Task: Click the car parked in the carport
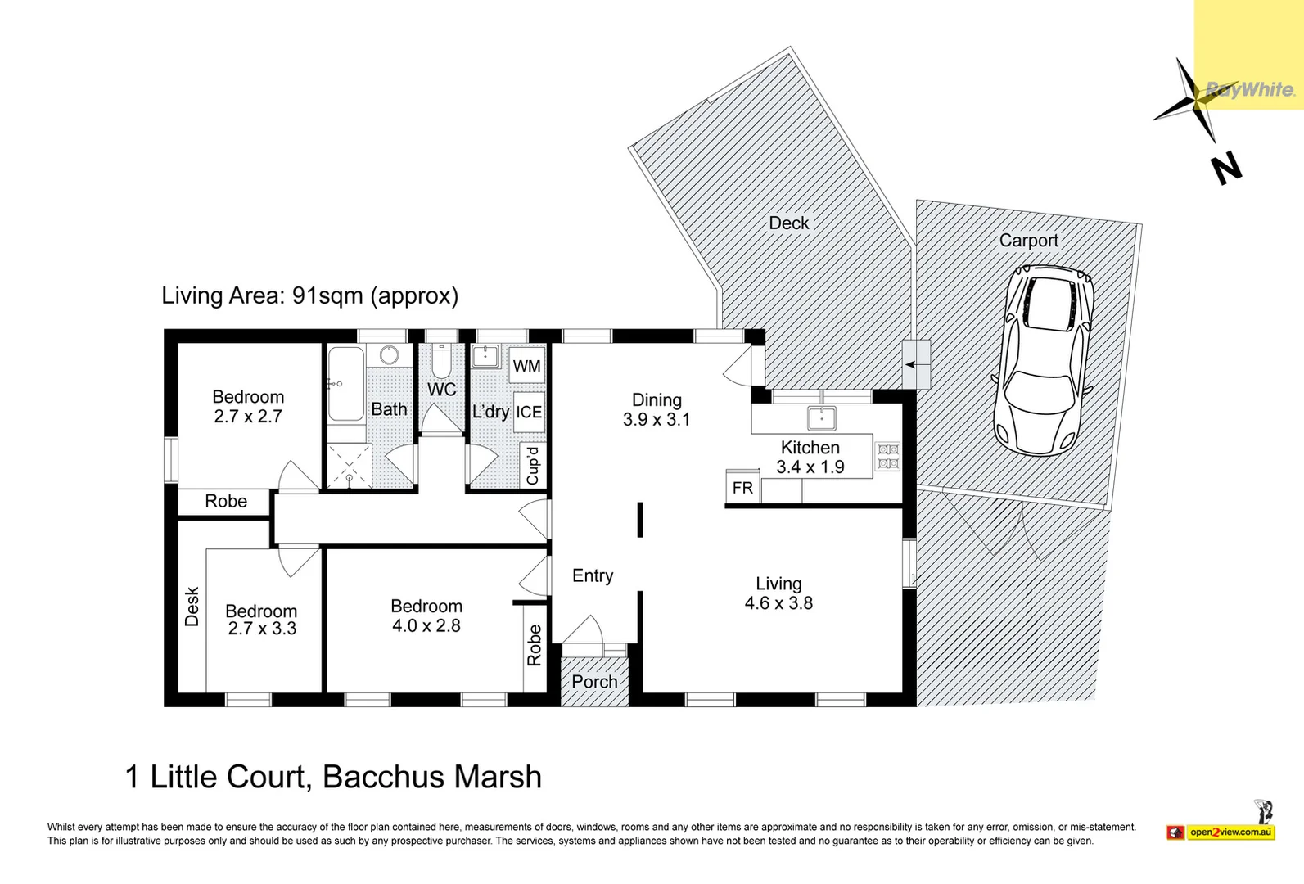point(1042,361)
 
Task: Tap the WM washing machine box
point(527,366)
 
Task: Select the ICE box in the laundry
point(529,412)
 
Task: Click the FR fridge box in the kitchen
point(742,487)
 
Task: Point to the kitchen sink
point(822,417)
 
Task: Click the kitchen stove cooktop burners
point(888,456)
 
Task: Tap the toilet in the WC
point(441,363)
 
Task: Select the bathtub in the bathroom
point(345,384)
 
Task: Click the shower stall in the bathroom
point(349,466)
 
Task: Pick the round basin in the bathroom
point(389,354)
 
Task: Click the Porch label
point(594,682)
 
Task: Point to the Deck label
point(789,223)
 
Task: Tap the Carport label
point(1029,241)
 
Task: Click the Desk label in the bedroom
point(192,606)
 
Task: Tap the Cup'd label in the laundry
point(532,465)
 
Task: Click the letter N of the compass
point(1226,169)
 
